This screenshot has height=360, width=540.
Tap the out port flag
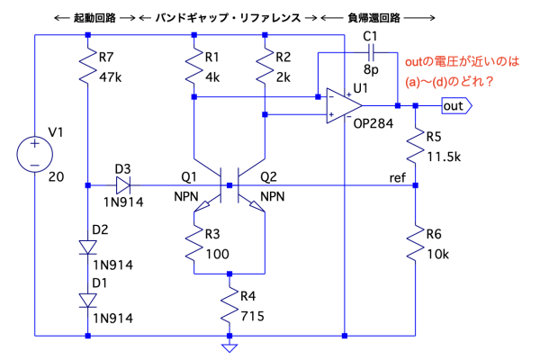[455, 105]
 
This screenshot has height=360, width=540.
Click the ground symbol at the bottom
[229, 346]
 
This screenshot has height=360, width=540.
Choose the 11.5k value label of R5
[444, 156]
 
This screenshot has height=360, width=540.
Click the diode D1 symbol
[87, 300]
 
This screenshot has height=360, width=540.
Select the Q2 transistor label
[270, 176]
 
